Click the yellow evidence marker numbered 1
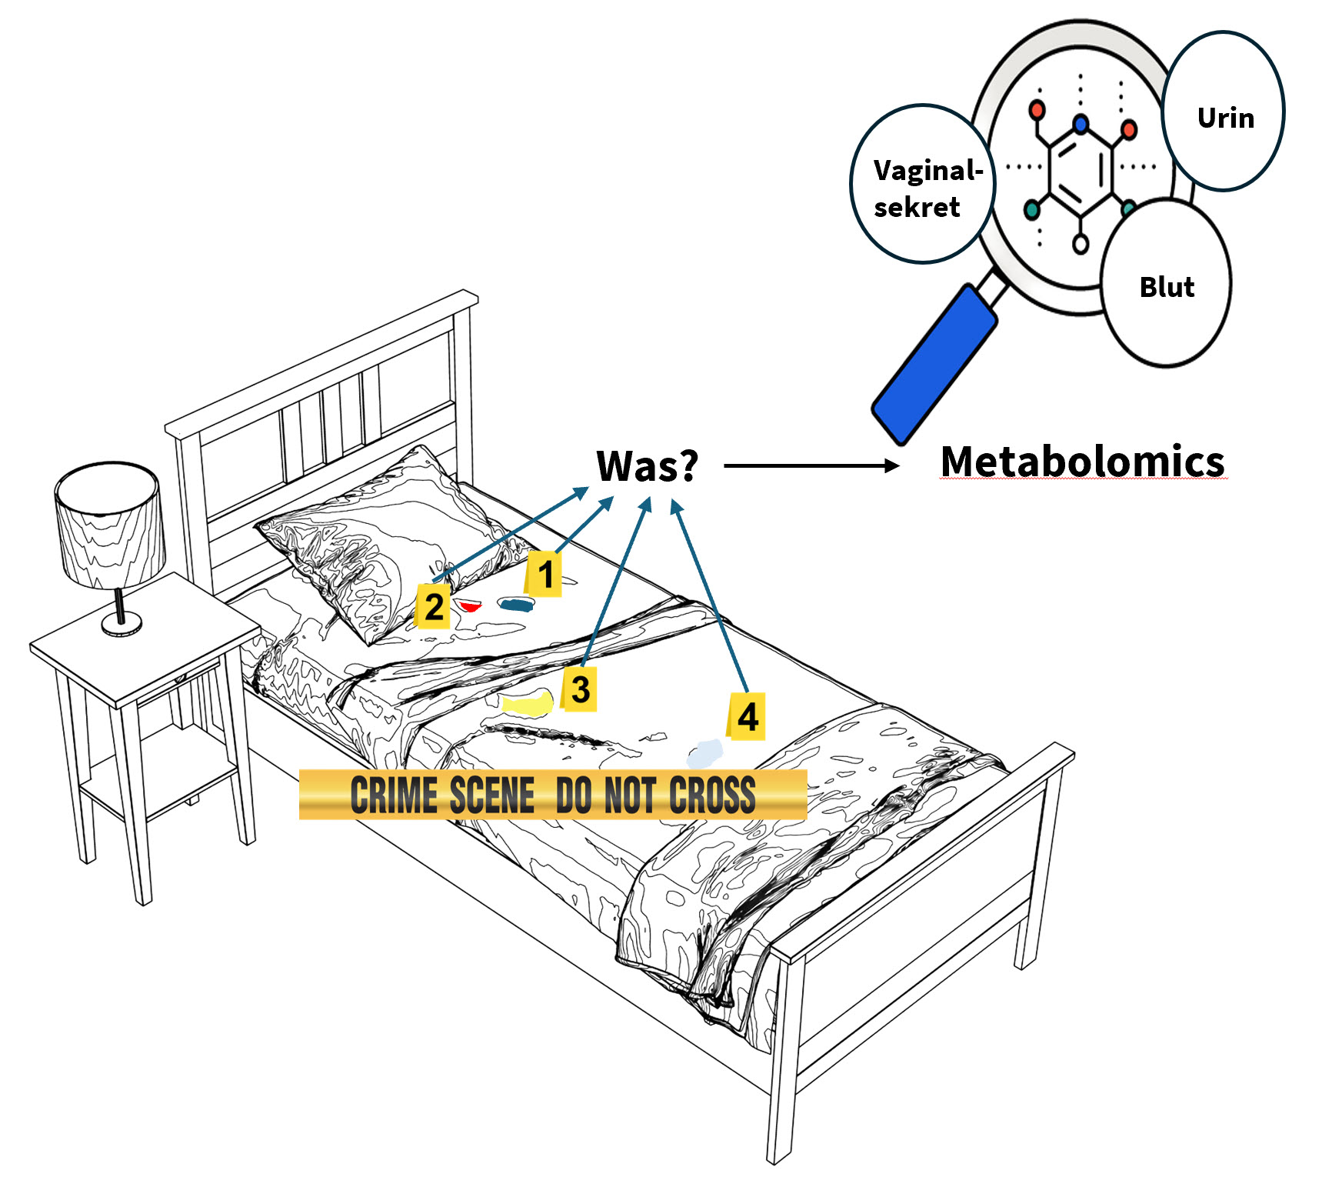pos(544,574)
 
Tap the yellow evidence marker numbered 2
pos(433,607)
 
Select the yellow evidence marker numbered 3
pos(580,689)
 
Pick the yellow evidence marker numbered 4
pos(747,716)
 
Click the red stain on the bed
pos(469,606)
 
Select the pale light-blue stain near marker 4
pos(705,753)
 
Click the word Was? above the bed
pos(647,465)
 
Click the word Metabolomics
pos(1082,462)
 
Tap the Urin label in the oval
pos(1225,118)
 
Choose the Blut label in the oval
pos(1167,287)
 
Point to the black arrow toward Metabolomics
pos(811,465)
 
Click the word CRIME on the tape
pos(394,795)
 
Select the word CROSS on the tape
pos(712,795)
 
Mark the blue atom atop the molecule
pos(1081,123)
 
